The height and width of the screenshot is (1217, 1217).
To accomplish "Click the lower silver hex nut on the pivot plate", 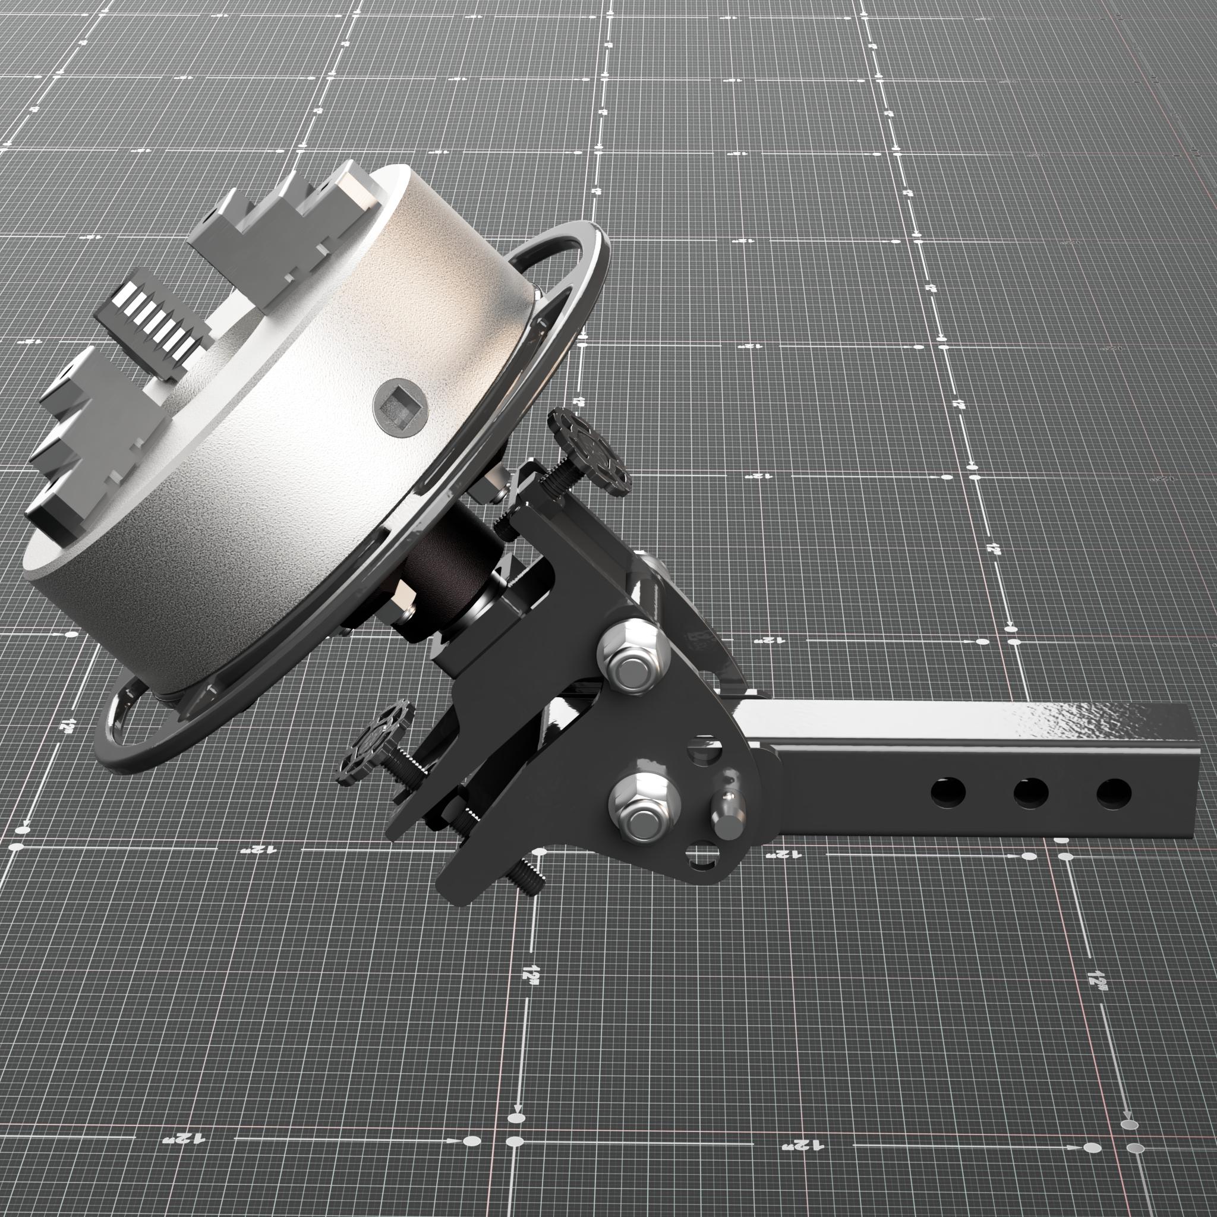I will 640,808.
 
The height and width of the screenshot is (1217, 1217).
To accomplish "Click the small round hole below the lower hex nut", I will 703,857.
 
